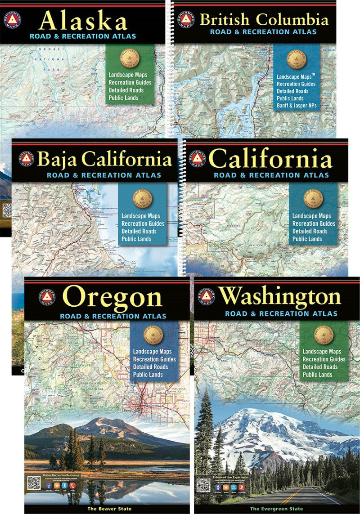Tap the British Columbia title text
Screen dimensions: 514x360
[264, 20]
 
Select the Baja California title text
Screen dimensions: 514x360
[105, 160]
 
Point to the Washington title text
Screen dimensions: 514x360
[280, 297]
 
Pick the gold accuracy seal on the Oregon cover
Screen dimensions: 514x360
[153, 335]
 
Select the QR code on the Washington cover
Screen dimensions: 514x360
[203, 485]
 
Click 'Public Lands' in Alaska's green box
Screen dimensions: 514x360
[123, 98]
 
